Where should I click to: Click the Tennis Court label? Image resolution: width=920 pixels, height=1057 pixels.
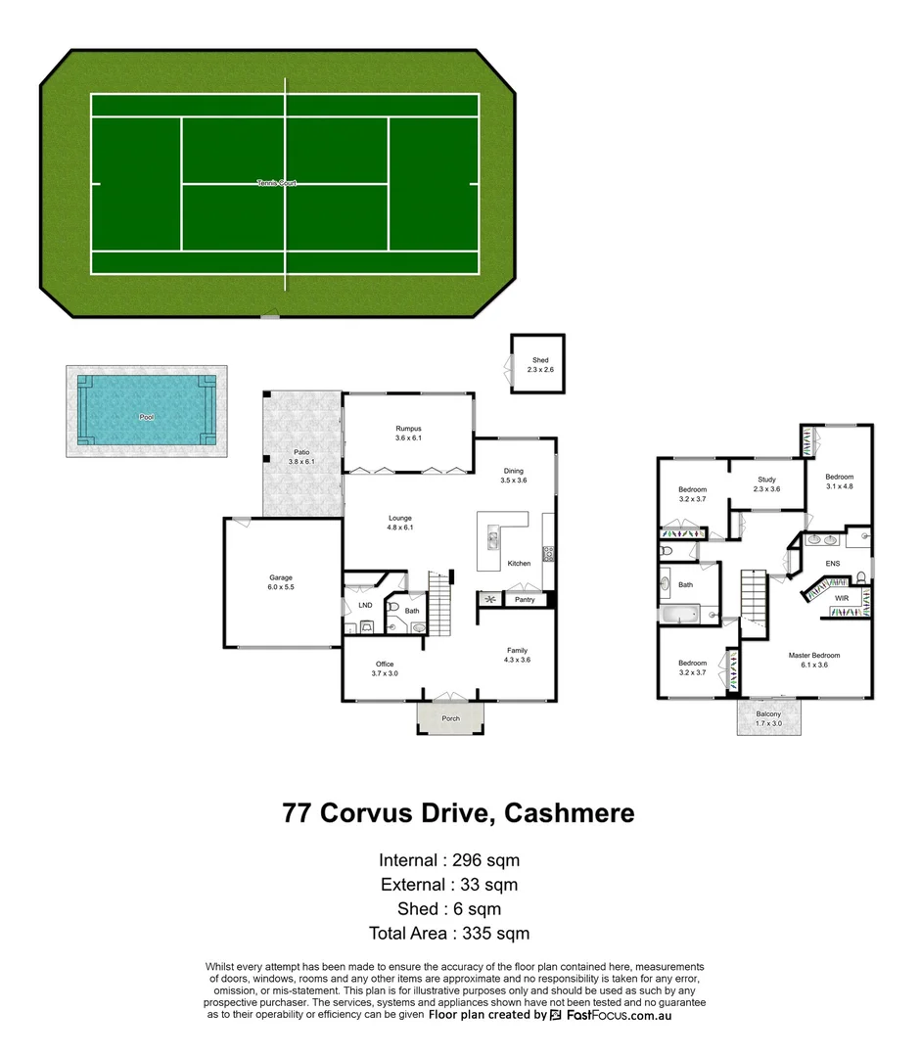click(276, 183)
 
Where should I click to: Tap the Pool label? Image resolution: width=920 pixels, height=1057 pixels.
click(147, 417)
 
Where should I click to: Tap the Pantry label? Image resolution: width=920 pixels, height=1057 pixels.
click(525, 599)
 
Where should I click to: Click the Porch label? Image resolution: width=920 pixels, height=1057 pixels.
click(450, 718)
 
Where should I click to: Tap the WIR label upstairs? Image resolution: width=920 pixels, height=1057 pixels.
click(842, 597)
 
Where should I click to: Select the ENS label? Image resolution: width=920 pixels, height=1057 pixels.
click(833, 564)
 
